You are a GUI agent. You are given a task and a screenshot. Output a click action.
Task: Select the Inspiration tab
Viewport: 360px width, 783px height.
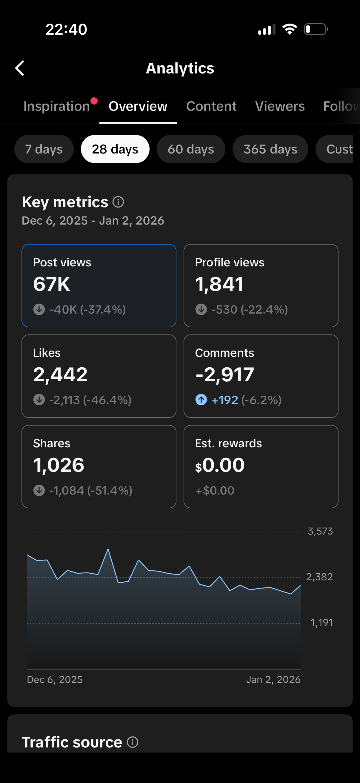click(x=57, y=106)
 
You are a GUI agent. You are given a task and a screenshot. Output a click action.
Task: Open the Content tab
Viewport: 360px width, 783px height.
click(x=211, y=106)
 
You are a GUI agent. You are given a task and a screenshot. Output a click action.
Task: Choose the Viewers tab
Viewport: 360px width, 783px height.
click(x=280, y=106)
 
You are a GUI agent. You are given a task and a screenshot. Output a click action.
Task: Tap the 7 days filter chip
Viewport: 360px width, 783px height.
click(x=44, y=149)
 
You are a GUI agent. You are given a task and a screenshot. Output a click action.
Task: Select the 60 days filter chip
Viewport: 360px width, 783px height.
click(x=191, y=149)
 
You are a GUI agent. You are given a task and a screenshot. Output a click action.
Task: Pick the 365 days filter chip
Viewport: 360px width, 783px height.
click(x=270, y=149)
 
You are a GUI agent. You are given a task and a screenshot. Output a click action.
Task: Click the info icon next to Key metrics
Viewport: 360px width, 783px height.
click(x=118, y=202)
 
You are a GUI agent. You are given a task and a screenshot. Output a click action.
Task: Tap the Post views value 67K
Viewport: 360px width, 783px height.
click(x=52, y=284)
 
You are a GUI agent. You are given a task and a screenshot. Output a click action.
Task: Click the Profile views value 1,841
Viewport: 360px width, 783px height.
click(x=219, y=284)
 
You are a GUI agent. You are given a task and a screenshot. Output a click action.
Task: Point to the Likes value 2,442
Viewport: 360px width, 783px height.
click(x=61, y=374)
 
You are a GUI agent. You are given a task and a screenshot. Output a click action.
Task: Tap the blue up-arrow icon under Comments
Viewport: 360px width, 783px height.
click(x=201, y=400)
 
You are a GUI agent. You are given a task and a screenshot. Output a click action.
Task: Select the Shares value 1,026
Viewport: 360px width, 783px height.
click(x=59, y=465)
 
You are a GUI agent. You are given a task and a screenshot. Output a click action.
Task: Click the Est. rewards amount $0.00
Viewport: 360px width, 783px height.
click(x=220, y=465)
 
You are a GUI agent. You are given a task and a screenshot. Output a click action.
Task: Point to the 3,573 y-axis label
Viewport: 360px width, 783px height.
click(x=320, y=531)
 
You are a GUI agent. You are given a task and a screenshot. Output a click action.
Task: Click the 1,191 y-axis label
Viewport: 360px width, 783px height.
click(x=321, y=623)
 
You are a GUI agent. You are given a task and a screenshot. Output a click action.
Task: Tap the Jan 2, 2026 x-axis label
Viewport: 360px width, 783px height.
click(x=273, y=679)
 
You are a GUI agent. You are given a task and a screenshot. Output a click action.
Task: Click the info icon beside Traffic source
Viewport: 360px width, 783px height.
click(x=133, y=742)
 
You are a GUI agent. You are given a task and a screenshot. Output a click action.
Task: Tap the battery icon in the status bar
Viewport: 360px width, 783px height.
click(x=316, y=30)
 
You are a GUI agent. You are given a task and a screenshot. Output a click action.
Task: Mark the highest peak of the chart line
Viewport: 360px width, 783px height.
click(x=108, y=549)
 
